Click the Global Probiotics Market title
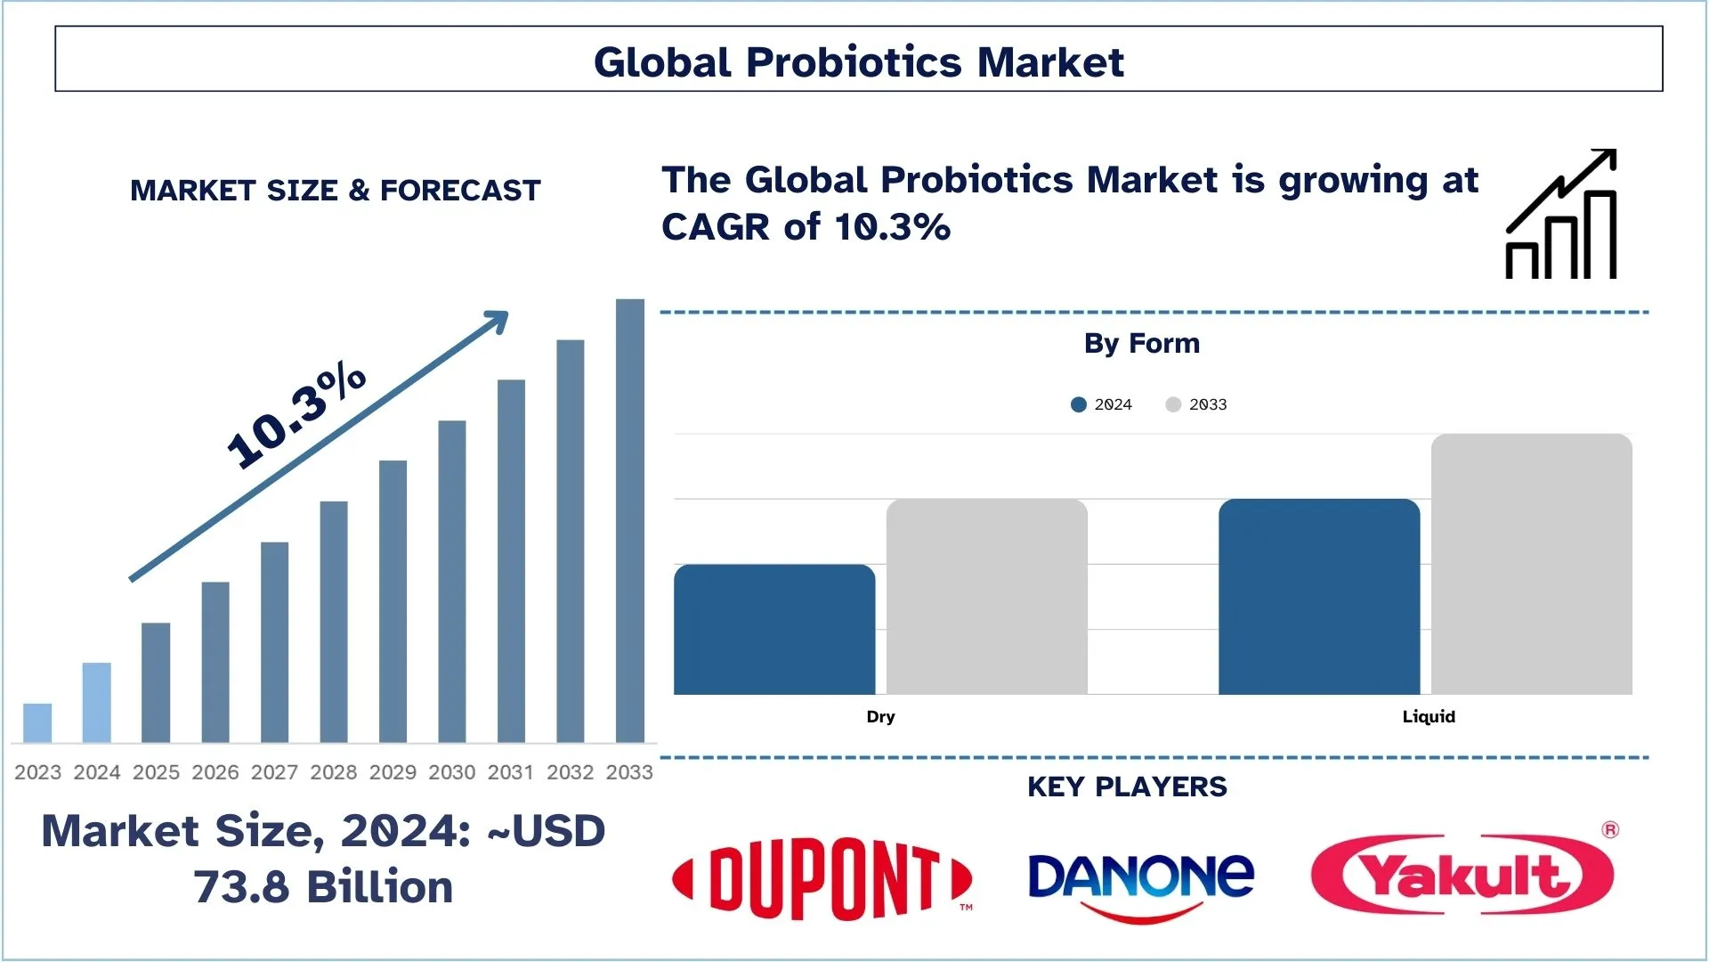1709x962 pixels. click(x=858, y=61)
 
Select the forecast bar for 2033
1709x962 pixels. click(x=629, y=521)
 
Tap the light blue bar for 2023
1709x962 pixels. click(x=37, y=722)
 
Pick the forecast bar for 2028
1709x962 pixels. click(x=334, y=621)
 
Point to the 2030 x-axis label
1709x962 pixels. click(x=451, y=772)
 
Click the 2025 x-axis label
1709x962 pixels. click(x=156, y=772)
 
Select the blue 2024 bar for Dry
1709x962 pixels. click(x=774, y=629)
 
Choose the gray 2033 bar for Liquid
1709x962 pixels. click(x=1531, y=564)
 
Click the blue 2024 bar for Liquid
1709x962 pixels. click(x=1318, y=597)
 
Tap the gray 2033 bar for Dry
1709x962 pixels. click(x=986, y=597)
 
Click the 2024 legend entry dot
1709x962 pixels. click(x=1079, y=404)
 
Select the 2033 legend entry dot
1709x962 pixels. click(x=1173, y=404)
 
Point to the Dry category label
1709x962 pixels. click(x=880, y=716)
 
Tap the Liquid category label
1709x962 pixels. click(x=1428, y=716)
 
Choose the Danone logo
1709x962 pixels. click(x=1141, y=882)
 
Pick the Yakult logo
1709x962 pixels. click(x=1462, y=875)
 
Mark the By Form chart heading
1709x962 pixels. click(x=1141, y=343)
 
